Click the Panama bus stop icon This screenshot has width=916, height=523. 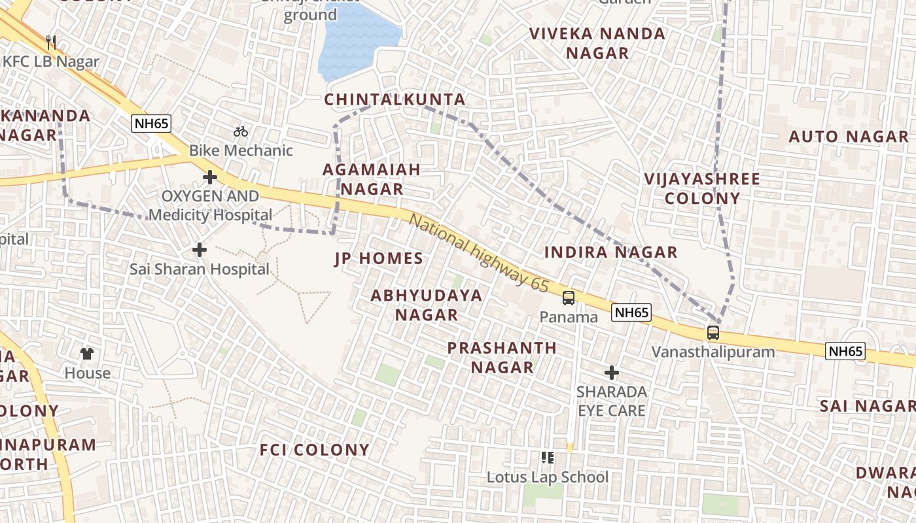point(569,298)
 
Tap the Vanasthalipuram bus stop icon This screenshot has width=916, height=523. point(713,333)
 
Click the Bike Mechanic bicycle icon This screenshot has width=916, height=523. point(241,131)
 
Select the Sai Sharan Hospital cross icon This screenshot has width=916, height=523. point(200,250)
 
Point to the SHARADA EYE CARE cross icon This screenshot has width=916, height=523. point(612,373)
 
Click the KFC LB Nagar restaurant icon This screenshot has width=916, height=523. point(51,42)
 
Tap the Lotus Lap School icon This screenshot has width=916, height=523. point(548,458)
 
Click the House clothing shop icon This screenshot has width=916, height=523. point(87,354)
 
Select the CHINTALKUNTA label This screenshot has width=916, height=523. point(395,100)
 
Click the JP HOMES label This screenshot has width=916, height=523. point(379,259)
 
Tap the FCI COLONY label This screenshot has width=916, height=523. point(315,450)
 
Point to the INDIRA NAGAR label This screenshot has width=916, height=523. point(610,252)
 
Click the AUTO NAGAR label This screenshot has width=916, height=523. point(848,137)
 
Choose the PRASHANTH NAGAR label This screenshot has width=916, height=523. point(502,358)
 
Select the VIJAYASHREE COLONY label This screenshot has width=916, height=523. point(701,188)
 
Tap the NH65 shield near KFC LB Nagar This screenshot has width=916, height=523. point(151,124)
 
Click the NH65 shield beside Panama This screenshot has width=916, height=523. point(631,312)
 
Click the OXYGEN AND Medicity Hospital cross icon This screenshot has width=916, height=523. point(210,177)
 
